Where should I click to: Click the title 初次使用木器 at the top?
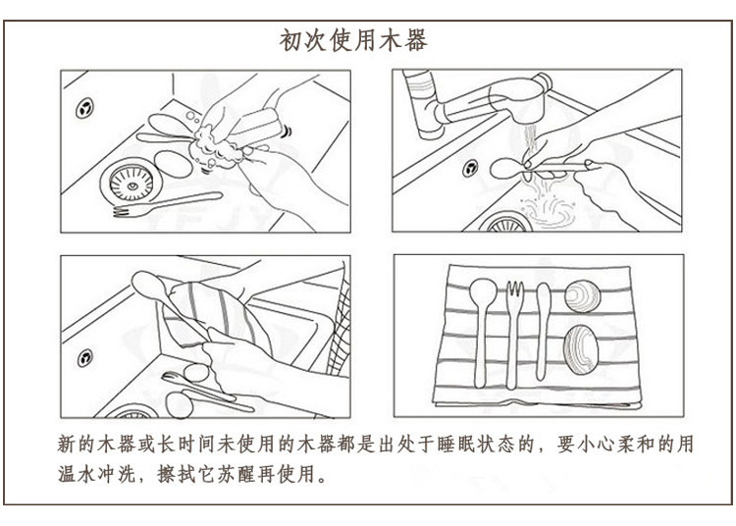[x=354, y=42]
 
